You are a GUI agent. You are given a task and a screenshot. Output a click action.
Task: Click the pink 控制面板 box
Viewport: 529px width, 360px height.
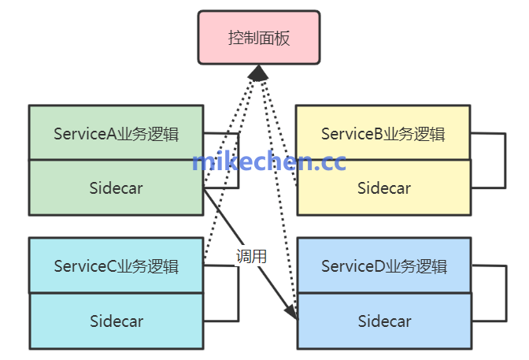coord(258,37)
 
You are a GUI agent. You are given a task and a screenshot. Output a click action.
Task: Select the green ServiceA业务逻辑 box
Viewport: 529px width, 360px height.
coord(116,132)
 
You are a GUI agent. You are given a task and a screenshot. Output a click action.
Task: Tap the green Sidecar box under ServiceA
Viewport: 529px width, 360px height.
coord(116,187)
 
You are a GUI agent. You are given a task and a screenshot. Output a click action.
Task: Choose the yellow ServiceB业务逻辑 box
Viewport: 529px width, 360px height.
coord(383,132)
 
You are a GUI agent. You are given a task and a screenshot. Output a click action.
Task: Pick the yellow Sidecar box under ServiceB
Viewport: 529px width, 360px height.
coord(383,187)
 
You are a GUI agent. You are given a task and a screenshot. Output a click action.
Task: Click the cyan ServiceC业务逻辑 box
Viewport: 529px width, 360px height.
coord(116,265)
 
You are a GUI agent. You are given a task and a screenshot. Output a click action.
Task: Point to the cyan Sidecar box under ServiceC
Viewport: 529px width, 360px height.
coord(116,321)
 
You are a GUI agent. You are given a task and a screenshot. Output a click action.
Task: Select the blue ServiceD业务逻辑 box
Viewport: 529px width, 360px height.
coord(383,265)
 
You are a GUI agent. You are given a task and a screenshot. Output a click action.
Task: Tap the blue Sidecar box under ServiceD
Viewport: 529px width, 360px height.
coord(383,321)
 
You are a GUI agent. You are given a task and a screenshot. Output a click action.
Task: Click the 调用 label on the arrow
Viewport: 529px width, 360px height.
coord(252,256)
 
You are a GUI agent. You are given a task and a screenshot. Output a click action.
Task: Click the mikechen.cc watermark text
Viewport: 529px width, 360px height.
coord(268,161)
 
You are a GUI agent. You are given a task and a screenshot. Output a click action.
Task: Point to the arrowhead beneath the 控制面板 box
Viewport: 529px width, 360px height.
coord(258,73)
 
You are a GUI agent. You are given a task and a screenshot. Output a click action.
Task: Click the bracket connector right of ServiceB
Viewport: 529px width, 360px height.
coord(503,160)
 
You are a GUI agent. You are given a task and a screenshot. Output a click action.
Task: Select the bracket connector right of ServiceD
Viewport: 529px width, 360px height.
coord(503,293)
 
